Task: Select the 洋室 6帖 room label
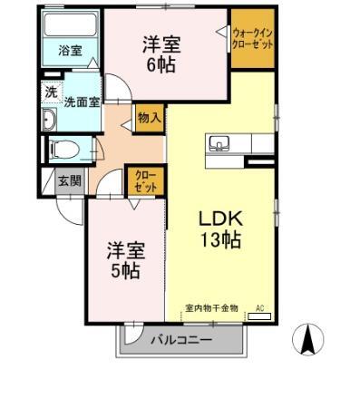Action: point(160,55)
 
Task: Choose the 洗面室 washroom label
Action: point(81,102)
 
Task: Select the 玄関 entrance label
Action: point(69,180)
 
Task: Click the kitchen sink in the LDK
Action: point(220,143)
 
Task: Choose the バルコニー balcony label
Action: point(181,340)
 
